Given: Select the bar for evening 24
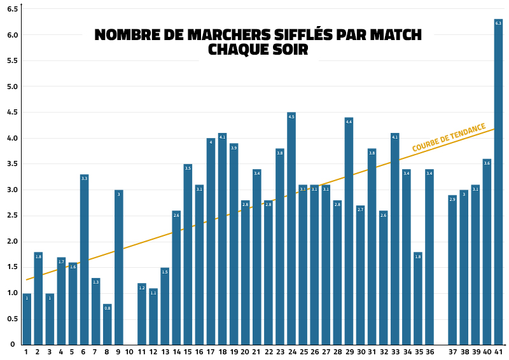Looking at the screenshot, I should (291, 229).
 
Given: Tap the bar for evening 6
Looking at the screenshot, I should (84, 261).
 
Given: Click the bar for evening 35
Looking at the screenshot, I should (417, 299).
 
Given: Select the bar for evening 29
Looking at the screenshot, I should (349, 232).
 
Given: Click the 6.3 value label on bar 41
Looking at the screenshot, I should (498, 23).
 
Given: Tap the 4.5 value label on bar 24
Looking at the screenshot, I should (291, 116).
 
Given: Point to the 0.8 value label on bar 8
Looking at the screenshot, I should (107, 308).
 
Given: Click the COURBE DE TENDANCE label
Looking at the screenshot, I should (449, 137).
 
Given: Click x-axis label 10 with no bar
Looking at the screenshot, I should (130, 352).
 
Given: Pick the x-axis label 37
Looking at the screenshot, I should (452, 352).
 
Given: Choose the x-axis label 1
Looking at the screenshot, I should (26, 352).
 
